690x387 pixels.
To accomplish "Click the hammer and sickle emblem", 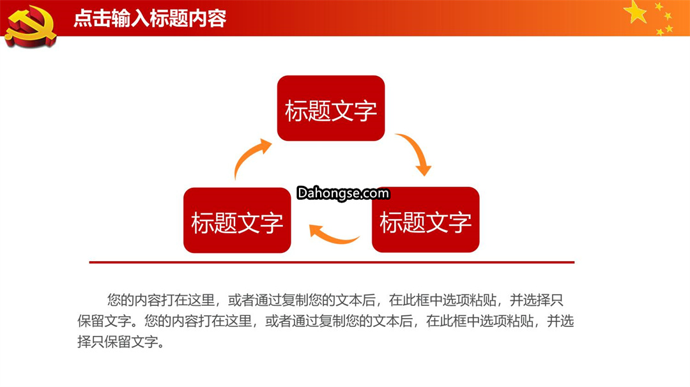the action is pyautogui.click(x=31, y=25).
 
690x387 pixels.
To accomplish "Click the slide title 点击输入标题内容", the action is pyautogui.click(x=150, y=19).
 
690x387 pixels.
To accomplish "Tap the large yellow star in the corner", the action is pyautogui.click(x=636, y=12).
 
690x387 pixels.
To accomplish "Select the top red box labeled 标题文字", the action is pyautogui.click(x=331, y=108).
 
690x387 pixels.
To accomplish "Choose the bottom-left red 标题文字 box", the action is pyautogui.click(x=237, y=220).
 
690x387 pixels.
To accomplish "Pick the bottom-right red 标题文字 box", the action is pyautogui.click(x=425, y=220).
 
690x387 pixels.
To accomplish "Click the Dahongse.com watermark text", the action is pyautogui.click(x=343, y=193).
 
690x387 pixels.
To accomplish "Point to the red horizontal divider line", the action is pyautogui.click(x=332, y=262).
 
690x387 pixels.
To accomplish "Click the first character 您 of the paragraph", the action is pyautogui.click(x=114, y=300).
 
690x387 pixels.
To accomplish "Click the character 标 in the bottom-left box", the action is pyautogui.click(x=203, y=222).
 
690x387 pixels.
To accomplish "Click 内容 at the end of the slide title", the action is pyautogui.click(x=207, y=19).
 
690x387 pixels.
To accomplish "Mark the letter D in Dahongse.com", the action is pyautogui.click(x=302, y=193).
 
